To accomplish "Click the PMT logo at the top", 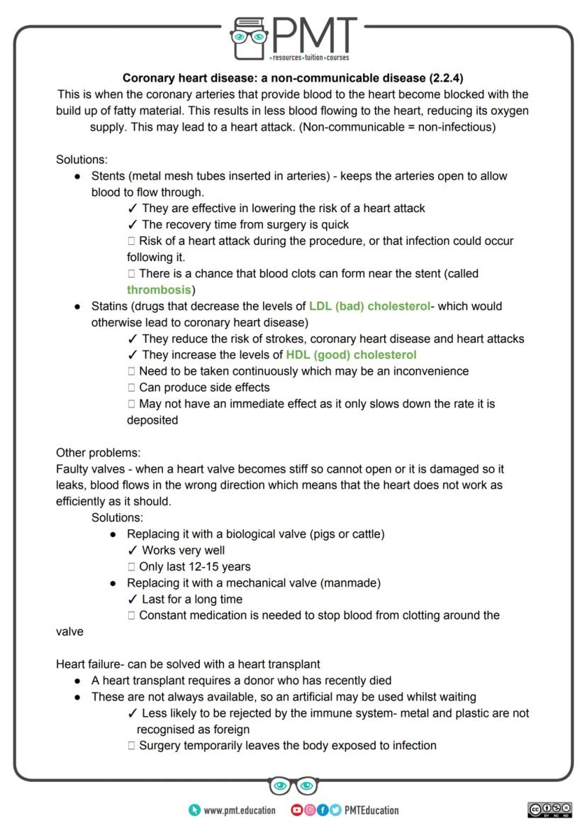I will point(293,38).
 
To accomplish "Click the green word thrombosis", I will point(159,290).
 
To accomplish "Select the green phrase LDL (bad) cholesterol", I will point(369,307).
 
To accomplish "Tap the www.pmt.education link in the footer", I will point(240,810).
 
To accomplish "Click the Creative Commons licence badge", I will point(549,810).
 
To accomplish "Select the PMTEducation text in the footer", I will point(371,810).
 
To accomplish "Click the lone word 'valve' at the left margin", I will point(69,632).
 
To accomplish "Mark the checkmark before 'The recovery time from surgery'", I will point(133,225).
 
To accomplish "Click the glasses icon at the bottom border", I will point(293,786).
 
